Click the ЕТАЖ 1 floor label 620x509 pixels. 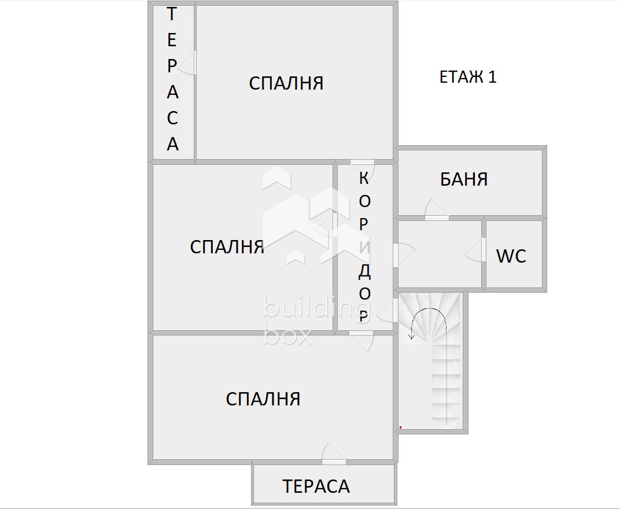point(468,77)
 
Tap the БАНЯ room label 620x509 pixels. point(464,179)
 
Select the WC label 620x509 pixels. point(511,256)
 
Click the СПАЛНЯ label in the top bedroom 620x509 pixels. point(286,83)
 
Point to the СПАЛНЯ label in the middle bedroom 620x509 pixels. point(227,247)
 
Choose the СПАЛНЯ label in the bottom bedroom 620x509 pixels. point(263,399)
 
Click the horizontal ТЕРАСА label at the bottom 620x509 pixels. point(316,486)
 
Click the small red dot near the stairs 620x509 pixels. point(400,427)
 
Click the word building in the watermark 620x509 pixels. point(309,307)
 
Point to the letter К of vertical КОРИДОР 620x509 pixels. point(364,178)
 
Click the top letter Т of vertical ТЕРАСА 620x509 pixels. point(172,14)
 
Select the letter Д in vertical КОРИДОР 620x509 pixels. point(364,271)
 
